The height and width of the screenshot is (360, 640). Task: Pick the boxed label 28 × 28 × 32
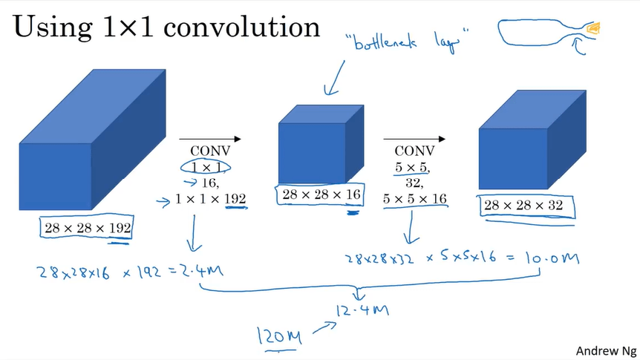[x=524, y=206]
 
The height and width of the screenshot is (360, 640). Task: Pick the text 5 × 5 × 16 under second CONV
[x=415, y=198]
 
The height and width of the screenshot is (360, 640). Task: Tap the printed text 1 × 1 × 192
[x=212, y=198]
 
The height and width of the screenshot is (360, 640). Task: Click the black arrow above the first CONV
[x=210, y=138]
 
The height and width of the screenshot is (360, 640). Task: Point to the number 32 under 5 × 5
[x=414, y=183]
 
